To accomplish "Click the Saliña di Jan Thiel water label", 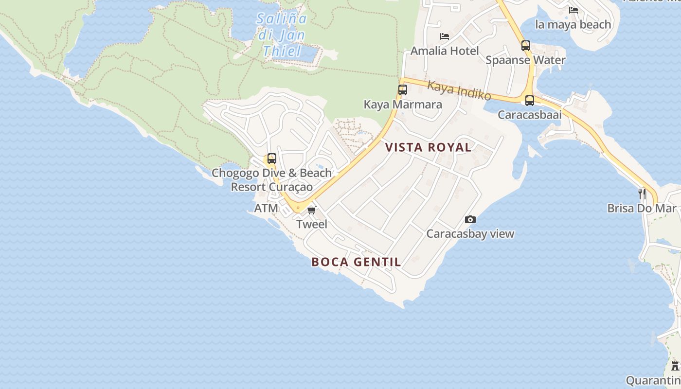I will (282, 35).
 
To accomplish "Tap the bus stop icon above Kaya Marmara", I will (403, 90).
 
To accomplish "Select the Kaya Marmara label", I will (403, 105).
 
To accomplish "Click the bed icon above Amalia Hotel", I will (444, 36).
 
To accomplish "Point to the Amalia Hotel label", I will (445, 51).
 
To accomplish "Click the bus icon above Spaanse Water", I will (526, 46).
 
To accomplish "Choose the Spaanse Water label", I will (525, 60).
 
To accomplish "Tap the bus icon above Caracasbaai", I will (530, 101).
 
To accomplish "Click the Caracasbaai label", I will (530, 115).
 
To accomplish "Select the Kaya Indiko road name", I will (459, 90).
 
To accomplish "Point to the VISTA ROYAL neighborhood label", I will (428, 147).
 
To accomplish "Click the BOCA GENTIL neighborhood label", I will (356, 262).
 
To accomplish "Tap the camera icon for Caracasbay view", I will (470, 220).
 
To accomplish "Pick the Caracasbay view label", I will (470, 234).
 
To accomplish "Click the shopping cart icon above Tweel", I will (312, 210).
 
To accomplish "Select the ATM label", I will (266, 208).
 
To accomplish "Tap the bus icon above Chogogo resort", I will (272, 159).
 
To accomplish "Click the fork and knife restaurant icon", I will (642, 194).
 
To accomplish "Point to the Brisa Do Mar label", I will (642, 208).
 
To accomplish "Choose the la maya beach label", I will (573, 24).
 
